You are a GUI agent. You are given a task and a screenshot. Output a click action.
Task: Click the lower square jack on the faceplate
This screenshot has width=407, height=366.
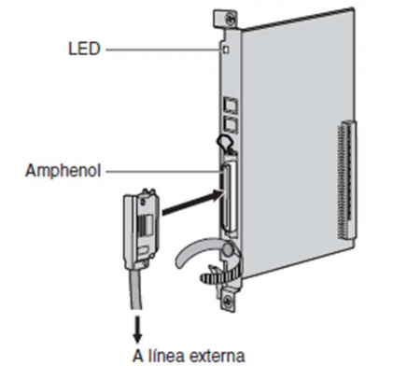point(228,121)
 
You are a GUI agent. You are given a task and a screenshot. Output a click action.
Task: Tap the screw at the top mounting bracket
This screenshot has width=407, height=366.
point(223,18)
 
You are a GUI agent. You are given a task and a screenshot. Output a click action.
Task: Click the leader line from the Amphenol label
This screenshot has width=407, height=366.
point(163,172)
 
